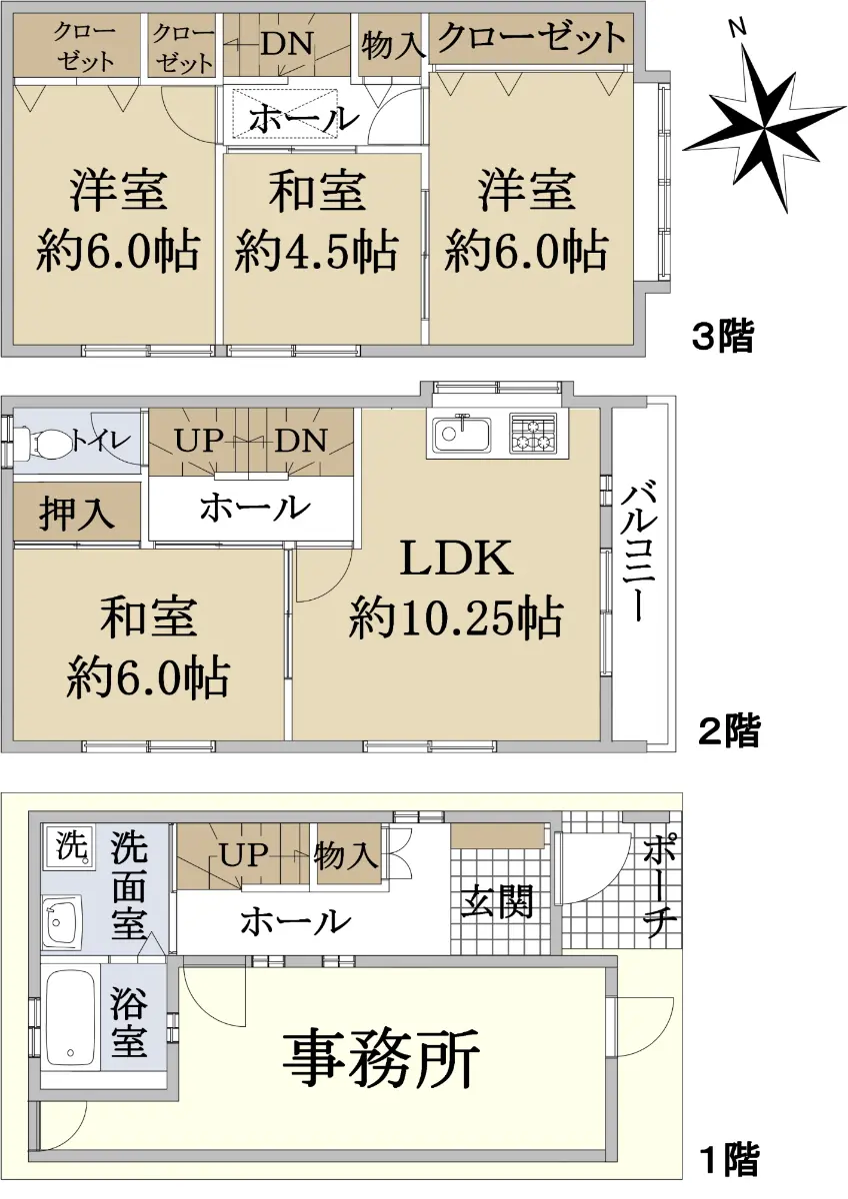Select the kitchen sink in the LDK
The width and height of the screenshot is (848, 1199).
coord(462,435)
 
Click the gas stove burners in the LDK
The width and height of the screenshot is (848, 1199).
coord(532,434)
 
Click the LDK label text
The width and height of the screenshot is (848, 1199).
coord(456,560)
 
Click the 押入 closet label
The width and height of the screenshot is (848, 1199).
coord(77,514)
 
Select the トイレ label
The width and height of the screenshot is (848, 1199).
coord(100,442)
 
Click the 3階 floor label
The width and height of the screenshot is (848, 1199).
coord(723,336)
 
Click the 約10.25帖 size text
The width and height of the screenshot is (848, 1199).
coord(456,617)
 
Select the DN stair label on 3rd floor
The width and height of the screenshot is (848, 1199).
coord(287,44)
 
